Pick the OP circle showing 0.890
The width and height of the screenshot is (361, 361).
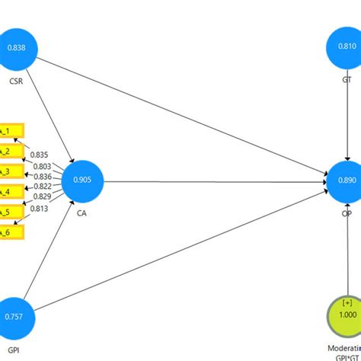click(347, 181)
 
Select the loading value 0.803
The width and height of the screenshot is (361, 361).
click(43, 165)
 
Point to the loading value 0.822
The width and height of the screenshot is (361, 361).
click(43, 187)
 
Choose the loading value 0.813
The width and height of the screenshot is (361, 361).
click(43, 208)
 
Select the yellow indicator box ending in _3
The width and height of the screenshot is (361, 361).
click(11, 171)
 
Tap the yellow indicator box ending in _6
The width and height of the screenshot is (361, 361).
click(11, 232)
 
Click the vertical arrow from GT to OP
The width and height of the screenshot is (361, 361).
click(347, 114)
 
